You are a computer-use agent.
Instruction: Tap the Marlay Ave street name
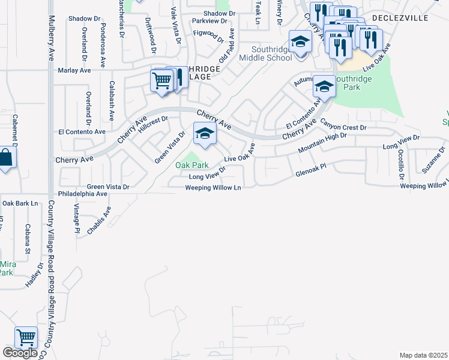click(74, 70)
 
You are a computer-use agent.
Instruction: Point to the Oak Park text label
click(191, 164)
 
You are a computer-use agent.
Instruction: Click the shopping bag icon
click(5, 158)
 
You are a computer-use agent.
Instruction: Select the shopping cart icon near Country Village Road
click(26, 337)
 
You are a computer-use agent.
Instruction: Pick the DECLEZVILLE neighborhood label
click(400, 18)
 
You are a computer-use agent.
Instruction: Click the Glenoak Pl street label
click(310, 173)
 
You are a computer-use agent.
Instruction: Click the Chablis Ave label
click(99, 220)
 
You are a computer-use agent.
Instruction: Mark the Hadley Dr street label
click(34, 275)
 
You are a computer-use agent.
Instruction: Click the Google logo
click(19, 353)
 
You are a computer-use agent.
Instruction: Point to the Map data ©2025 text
click(423, 355)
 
